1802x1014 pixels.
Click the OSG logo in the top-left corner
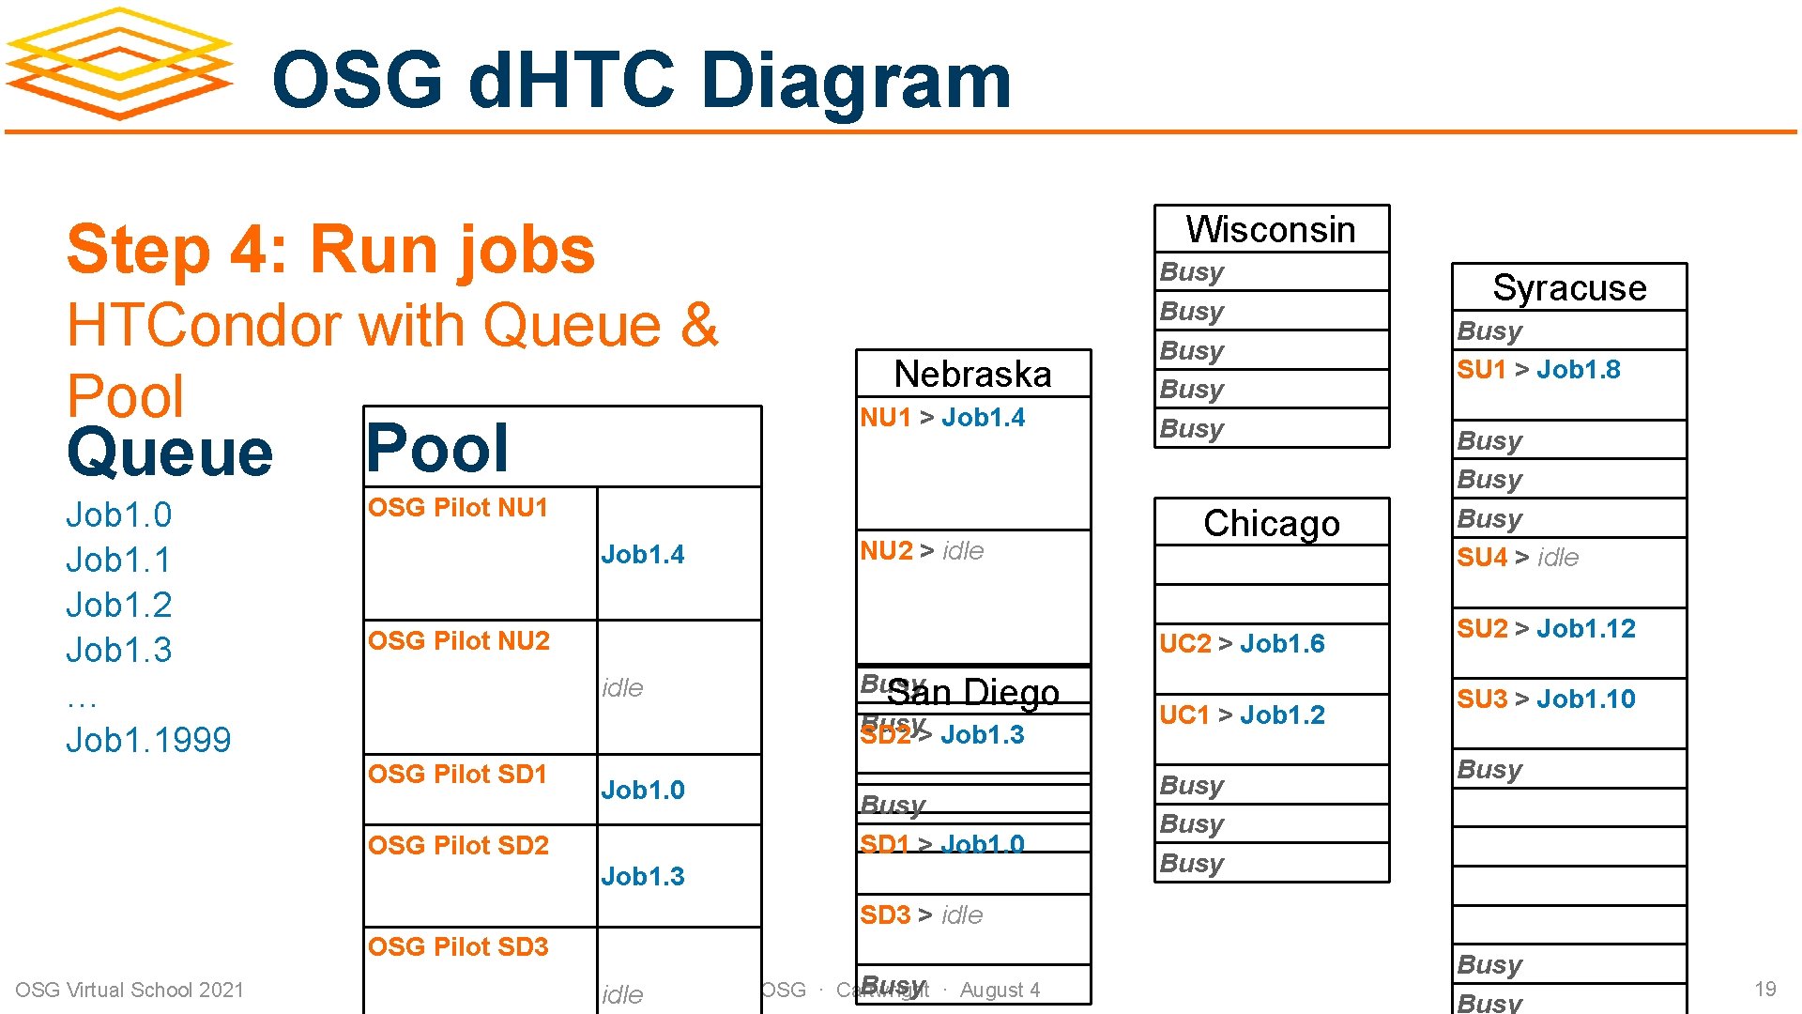(x=119, y=64)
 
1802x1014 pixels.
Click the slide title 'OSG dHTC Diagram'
(x=641, y=80)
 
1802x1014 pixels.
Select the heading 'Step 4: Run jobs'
(x=330, y=250)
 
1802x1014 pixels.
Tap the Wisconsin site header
(x=1271, y=229)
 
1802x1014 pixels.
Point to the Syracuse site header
(x=1569, y=287)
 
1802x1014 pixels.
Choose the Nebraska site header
(x=972, y=374)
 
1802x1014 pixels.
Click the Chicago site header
(x=1271, y=523)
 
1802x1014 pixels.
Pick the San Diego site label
(x=973, y=693)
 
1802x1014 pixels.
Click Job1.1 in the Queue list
(x=118, y=560)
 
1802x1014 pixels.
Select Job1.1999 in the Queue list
(x=148, y=740)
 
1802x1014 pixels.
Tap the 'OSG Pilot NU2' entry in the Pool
(x=459, y=640)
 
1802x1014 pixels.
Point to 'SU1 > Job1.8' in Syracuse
(x=1538, y=369)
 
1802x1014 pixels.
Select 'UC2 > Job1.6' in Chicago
(x=1242, y=643)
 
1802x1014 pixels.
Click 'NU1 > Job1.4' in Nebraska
(x=942, y=417)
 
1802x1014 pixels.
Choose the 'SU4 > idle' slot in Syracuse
(x=1518, y=557)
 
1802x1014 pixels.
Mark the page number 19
(x=1764, y=989)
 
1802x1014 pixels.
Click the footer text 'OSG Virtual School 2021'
(x=130, y=990)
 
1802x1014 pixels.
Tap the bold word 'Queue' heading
(x=170, y=453)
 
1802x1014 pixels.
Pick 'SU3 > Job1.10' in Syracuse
(x=1546, y=699)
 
